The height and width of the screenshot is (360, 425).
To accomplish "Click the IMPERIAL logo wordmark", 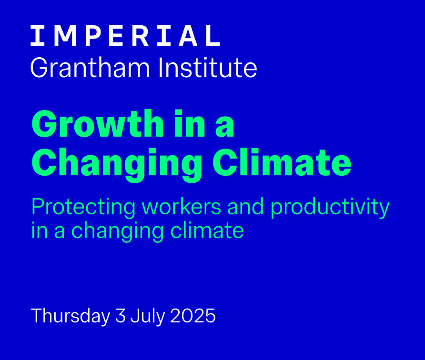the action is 125,36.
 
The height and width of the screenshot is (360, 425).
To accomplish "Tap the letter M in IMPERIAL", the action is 65,36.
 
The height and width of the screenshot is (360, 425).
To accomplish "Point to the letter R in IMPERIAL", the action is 142,36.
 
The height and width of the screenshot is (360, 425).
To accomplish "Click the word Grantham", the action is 90,68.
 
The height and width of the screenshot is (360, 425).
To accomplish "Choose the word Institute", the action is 208,68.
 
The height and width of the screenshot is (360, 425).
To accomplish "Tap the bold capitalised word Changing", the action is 117,164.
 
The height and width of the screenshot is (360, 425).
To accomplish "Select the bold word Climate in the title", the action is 282,162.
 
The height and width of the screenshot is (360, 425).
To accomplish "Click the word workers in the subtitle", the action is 182,206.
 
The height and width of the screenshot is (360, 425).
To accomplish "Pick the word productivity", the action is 330,208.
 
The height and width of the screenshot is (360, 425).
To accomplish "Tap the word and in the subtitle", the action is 245,206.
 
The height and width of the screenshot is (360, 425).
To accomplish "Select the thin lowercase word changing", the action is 117,231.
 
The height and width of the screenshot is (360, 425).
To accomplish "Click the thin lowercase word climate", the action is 207,230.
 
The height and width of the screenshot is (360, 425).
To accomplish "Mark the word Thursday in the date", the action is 71,316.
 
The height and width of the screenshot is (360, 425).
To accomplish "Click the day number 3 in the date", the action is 121,316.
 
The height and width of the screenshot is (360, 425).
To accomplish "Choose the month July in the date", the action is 147,316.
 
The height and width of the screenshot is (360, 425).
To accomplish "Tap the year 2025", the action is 192,316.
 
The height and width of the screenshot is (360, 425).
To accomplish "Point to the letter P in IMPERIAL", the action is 93,36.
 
